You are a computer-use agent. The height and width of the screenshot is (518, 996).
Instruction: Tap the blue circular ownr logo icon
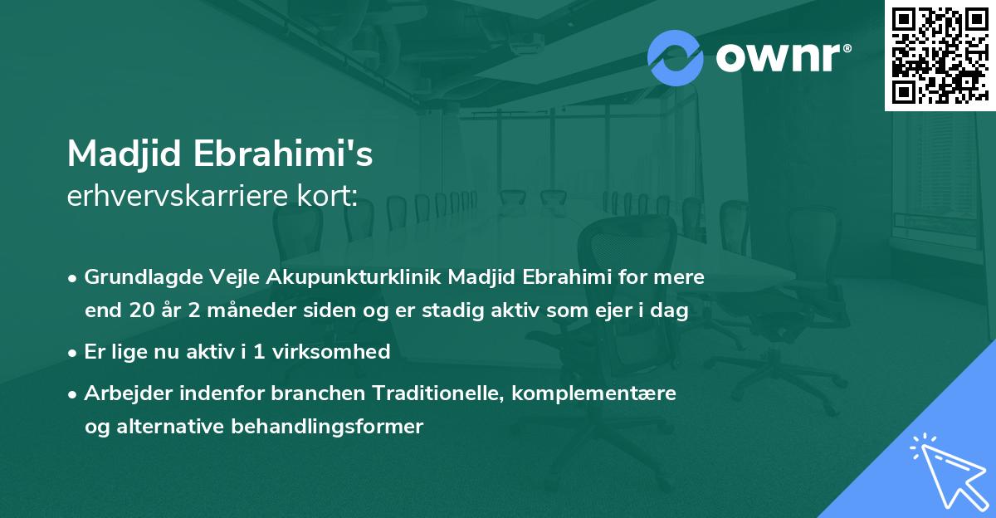pos(676,57)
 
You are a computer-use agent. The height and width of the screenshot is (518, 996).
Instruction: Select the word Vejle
pos(223,277)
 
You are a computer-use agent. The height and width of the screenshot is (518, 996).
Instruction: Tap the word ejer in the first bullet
pos(610,311)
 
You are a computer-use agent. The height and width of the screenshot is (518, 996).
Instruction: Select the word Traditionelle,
pos(436,393)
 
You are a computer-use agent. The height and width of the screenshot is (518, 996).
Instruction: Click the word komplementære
pos(594,393)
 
